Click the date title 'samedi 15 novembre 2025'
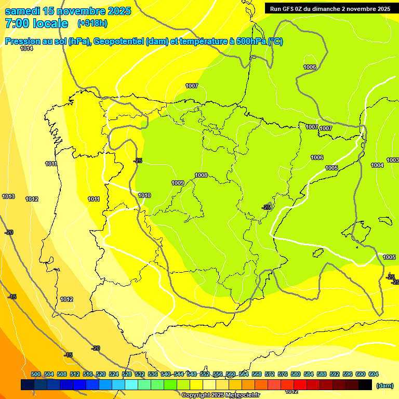(68, 11)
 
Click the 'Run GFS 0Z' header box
(330, 8)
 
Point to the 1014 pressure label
(26, 48)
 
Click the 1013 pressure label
(8, 196)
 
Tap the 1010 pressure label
(144, 195)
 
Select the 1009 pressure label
(178, 183)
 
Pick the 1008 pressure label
(201, 175)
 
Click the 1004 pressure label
(377, 165)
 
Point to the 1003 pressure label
(393, 160)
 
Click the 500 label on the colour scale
(36, 374)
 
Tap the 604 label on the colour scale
(373, 374)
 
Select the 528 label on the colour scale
(127, 374)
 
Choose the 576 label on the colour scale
(283, 374)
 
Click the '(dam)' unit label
(384, 385)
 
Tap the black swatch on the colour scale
(365, 384)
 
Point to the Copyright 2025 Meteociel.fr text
(220, 395)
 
